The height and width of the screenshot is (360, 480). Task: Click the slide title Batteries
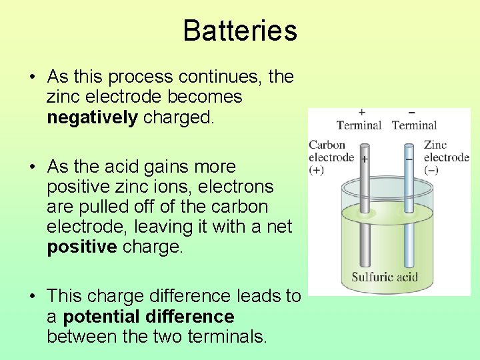pyautogui.click(x=239, y=31)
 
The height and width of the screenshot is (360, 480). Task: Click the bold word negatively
pyautogui.click(x=92, y=118)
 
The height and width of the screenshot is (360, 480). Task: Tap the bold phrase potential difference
pyautogui.click(x=149, y=316)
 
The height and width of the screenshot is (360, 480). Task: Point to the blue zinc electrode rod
pyautogui.click(x=409, y=213)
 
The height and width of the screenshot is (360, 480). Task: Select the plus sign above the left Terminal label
pyautogui.click(x=361, y=112)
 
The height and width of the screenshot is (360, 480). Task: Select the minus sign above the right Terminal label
pyautogui.click(x=411, y=112)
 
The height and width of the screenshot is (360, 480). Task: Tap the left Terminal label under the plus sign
pyautogui.click(x=359, y=125)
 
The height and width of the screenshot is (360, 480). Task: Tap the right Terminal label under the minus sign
pyautogui.click(x=414, y=125)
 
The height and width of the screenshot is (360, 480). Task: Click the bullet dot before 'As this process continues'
pyautogui.click(x=32, y=78)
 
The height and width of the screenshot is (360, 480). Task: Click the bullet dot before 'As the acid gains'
pyautogui.click(x=32, y=167)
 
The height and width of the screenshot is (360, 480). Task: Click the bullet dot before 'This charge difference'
pyautogui.click(x=32, y=297)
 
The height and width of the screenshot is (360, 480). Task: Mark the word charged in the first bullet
pyautogui.click(x=179, y=118)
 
